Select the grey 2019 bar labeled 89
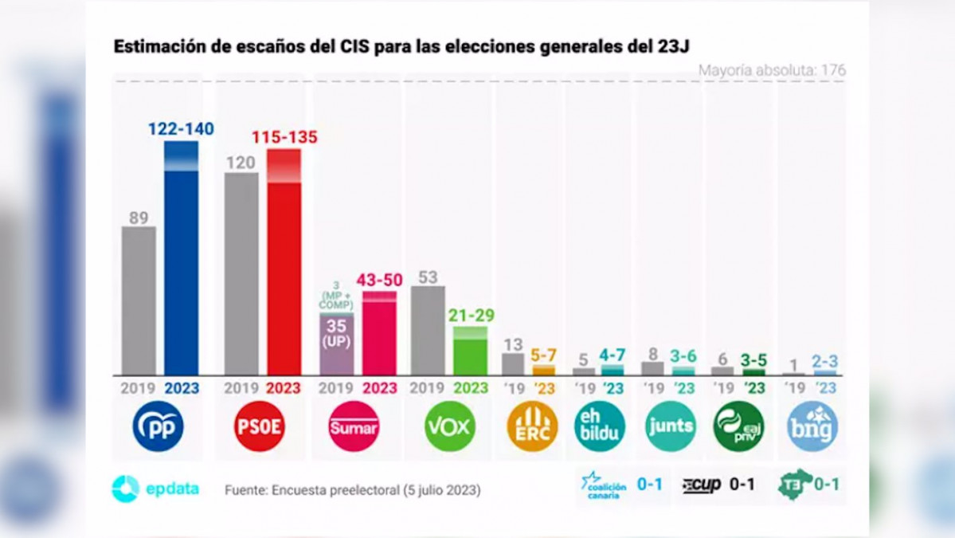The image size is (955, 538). coord(139,300)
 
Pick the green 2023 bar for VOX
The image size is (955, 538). coord(470,352)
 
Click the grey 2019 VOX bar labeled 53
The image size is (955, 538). coord(428,330)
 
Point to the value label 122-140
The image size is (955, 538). coord(181,129)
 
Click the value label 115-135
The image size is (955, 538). coord(284,137)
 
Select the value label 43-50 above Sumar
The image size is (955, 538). coord(379,280)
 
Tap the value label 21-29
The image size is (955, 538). coord(470,316)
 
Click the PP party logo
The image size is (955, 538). coord(158,426)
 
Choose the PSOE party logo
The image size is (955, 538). coord(260,426)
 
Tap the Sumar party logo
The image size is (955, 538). coord(354,426)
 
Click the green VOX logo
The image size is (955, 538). coord(450,426)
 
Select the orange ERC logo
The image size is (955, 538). coord(532,426)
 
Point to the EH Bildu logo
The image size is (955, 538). coord(600,426)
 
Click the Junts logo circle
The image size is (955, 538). coord(670,426)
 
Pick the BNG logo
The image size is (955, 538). coord(812,426)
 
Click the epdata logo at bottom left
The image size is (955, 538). coord(155,489)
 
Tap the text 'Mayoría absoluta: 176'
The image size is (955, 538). coord(772,70)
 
